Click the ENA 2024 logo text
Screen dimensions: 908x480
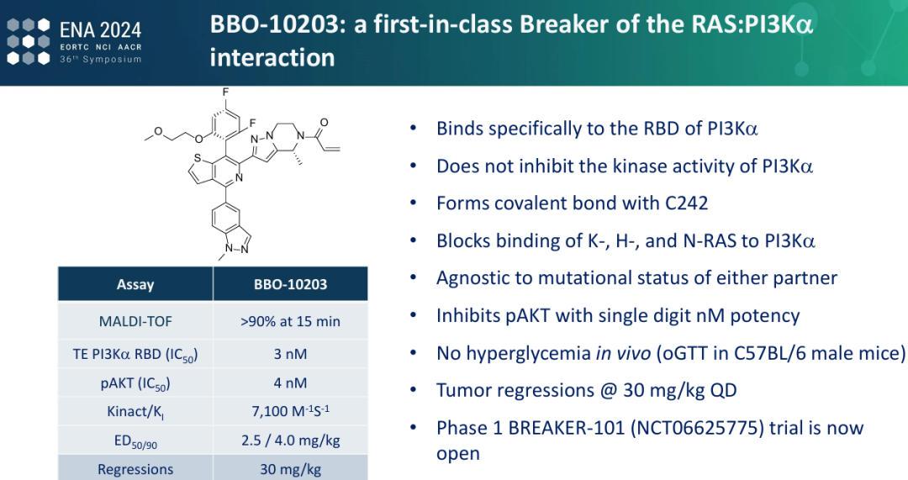pyautogui.click(x=101, y=29)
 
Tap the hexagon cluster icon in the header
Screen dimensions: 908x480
pyautogui.click(x=29, y=41)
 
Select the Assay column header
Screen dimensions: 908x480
pyautogui.click(x=135, y=284)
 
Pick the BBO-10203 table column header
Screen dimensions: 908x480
pyautogui.click(x=290, y=284)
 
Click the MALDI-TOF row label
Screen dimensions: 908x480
pyautogui.click(x=135, y=321)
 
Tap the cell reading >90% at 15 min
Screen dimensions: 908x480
pyautogui.click(x=290, y=321)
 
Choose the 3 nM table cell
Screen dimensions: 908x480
pyautogui.click(x=290, y=354)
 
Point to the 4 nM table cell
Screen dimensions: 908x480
pyautogui.click(x=290, y=382)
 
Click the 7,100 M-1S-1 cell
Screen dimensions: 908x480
pyautogui.click(x=290, y=411)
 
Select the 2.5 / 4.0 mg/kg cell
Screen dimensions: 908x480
pyautogui.click(x=290, y=440)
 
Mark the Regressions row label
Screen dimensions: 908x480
pyautogui.click(x=135, y=470)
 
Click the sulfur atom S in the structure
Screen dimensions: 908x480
pyautogui.click(x=198, y=158)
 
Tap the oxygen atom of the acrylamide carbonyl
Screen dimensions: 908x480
pyautogui.click(x=325, y=123)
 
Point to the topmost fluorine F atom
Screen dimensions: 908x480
pyautogui.click(x=225, y=92)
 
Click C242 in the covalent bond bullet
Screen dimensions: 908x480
pyautogui.click(x=686, y=203)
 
